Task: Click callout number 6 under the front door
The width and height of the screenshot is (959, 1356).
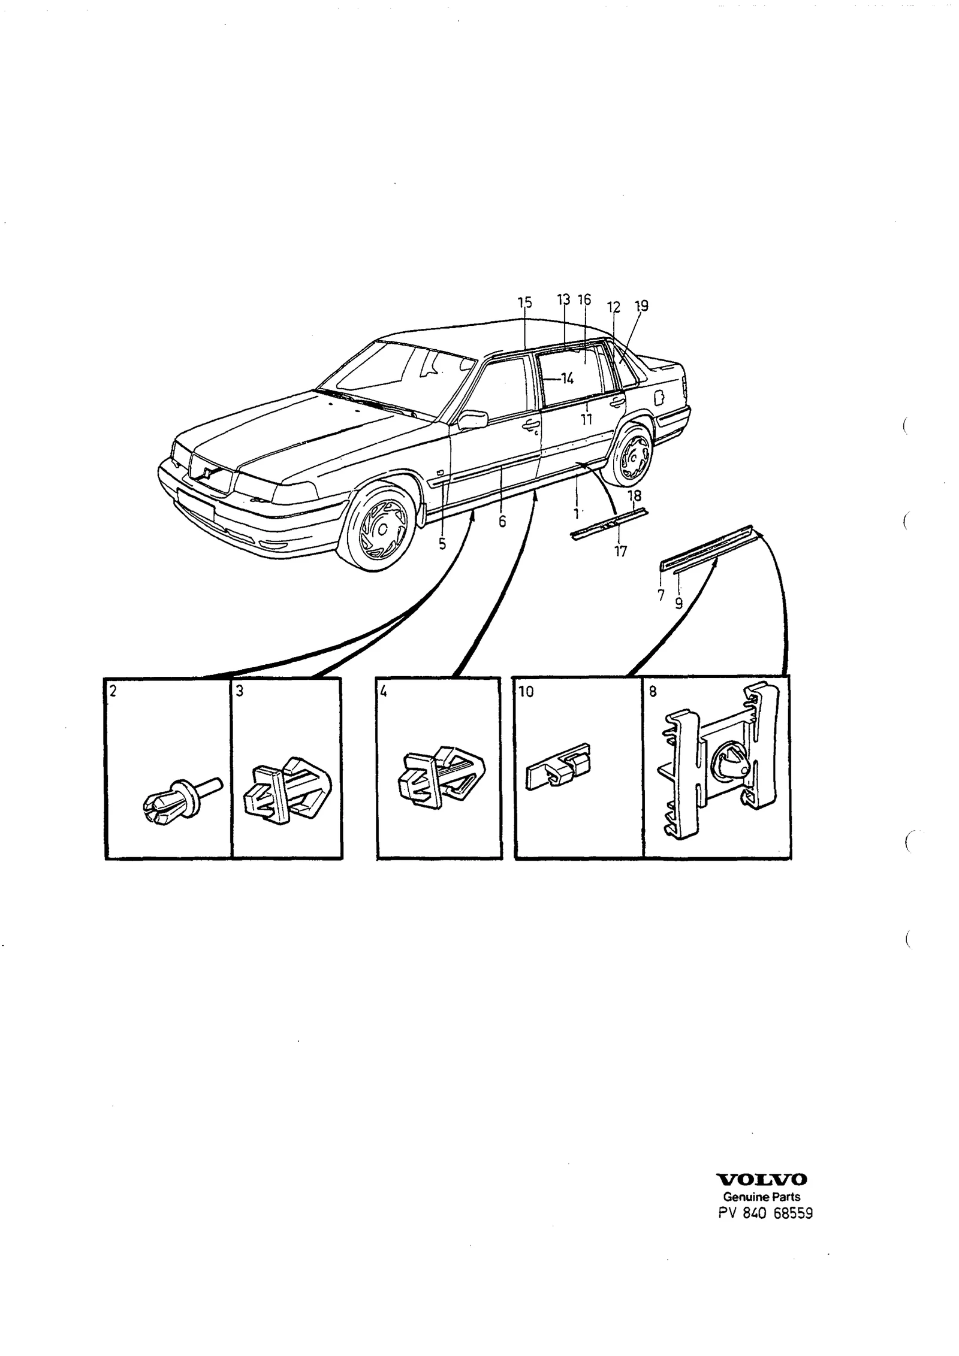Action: (502, 522)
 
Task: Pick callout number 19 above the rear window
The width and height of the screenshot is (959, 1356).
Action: (641, 306)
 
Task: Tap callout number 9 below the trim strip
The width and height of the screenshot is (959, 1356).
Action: (678, 603)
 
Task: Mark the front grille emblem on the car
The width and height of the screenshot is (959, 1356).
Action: (206, 473)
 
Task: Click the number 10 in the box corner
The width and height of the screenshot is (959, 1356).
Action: (526, 692)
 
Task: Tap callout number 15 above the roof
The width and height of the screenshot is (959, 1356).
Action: (525, 303)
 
